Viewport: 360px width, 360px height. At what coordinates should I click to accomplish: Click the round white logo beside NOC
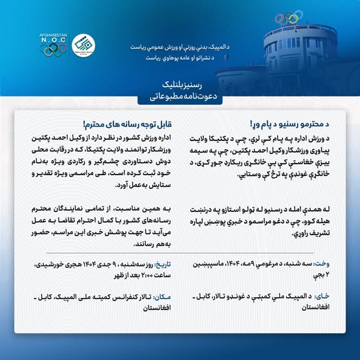tap(83, 44)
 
